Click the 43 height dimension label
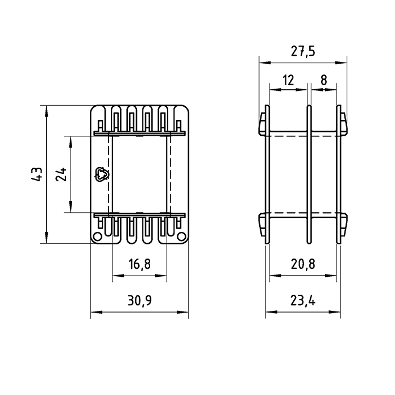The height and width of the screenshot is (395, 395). click(36, 174)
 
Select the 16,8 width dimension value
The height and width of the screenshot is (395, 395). click(139, 265)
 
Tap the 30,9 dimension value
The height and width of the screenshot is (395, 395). click(139, 300)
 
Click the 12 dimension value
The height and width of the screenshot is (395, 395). click(288, 80)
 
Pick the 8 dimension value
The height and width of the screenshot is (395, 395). click(323, 80)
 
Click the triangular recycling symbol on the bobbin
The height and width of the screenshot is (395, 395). click(101, 174)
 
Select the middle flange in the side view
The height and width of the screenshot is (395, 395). click(309, 174)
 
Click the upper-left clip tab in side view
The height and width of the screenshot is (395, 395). click(262, 124)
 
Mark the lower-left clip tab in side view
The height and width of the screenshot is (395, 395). click(262, 225)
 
